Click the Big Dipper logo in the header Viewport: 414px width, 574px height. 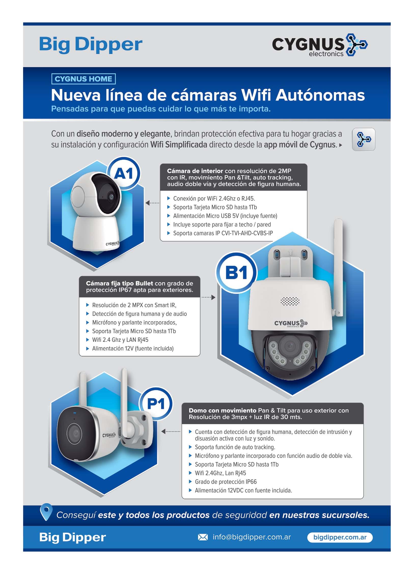point(91,45)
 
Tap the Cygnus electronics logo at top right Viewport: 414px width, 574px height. point(320,46)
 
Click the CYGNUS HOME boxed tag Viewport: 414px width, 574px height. point(83,79)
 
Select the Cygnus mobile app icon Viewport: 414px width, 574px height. point(363,139)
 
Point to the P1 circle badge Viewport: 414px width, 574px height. point(156,404)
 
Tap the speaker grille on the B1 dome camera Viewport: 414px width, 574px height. point(290,302)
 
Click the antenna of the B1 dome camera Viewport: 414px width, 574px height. point(338,267)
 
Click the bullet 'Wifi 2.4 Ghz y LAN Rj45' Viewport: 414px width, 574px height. point(117,340)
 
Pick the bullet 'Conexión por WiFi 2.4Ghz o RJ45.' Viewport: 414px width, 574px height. point(211,198)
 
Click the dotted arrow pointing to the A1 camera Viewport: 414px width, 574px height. point(152,203)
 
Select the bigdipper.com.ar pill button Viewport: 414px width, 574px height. point(340,537)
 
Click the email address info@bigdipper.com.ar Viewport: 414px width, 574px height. point(252,537)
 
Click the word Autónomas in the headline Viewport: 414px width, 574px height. point(320,95)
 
